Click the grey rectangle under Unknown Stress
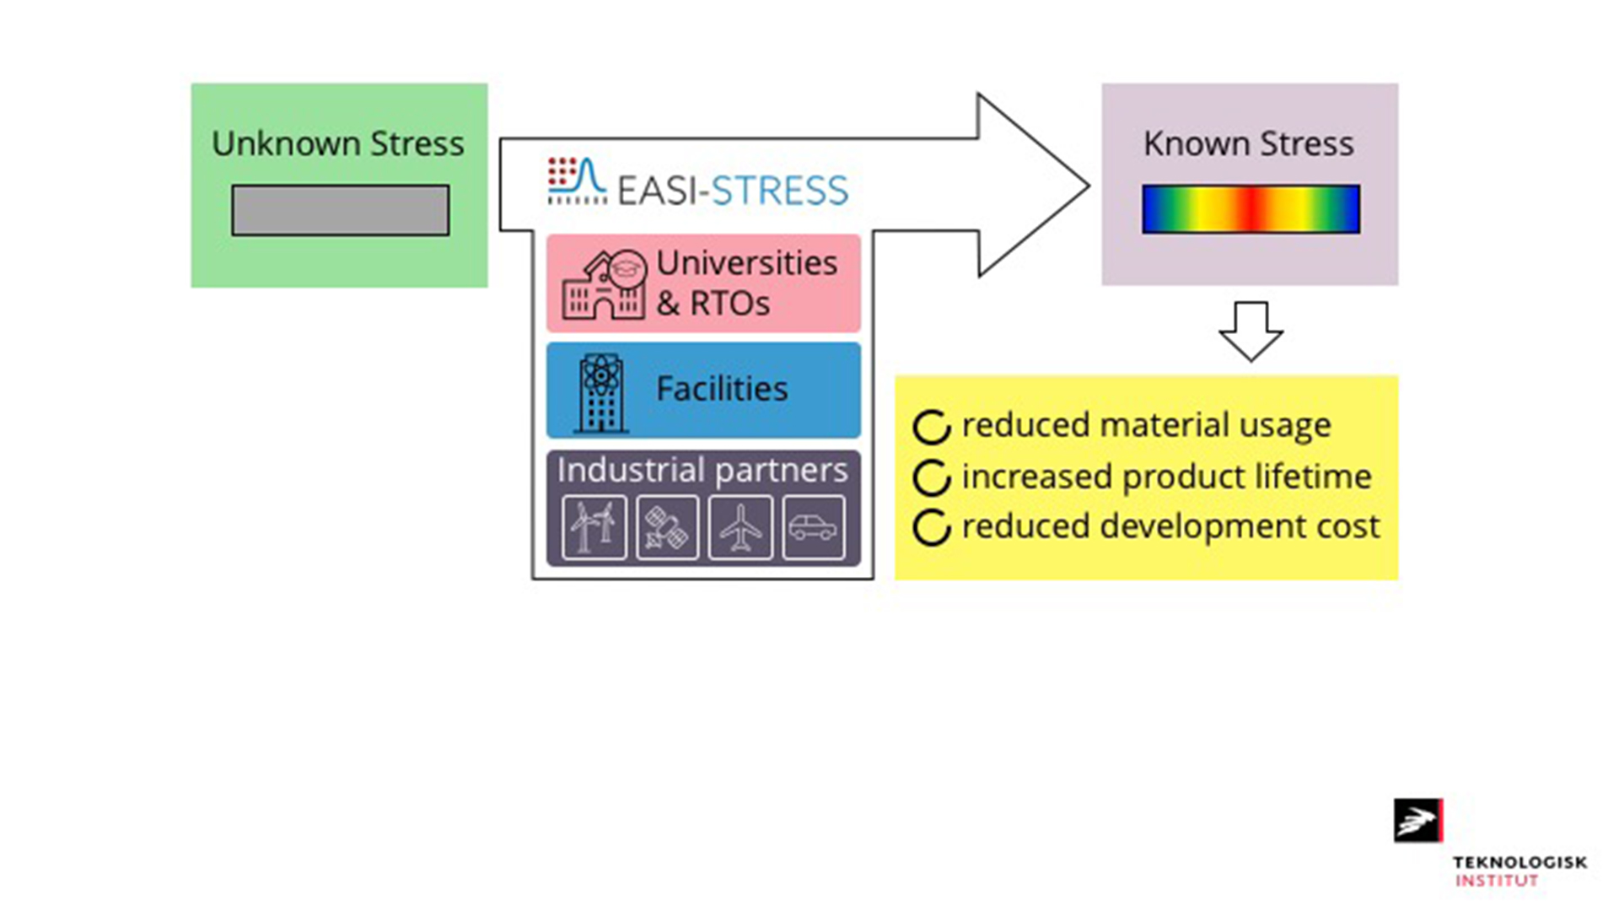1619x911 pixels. pos(341,210)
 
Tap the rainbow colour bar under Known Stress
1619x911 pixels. pos(1251,209)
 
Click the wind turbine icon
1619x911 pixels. pos(594,528)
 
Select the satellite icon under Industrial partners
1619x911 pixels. pos(667,528)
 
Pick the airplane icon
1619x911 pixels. pos(740,528)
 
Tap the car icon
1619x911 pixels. pos(813,528)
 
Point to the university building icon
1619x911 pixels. pos(604,285)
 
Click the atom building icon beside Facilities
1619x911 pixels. pos(600,393)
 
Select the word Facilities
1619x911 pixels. pos(722,389)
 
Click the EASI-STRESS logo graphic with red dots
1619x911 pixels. pos(577,181)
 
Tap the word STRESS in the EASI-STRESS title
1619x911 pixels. pos(779,191)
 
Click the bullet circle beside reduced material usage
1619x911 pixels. pos(932,428)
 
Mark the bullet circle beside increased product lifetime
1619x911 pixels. pos(932,478)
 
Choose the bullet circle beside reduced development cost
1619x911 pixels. pos(932,529)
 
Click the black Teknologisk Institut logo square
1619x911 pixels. pos(1417,821)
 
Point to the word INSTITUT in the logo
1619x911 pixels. pos(1496,881)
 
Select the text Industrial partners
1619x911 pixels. pos(702,471)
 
